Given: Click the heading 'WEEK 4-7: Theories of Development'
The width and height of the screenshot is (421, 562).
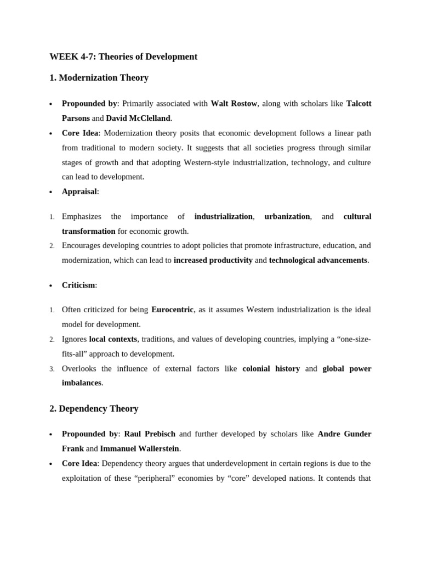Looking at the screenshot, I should [123, 57].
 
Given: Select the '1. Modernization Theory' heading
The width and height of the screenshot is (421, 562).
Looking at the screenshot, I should [99, 78].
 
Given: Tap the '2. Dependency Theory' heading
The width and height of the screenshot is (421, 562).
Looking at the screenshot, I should [94, 409].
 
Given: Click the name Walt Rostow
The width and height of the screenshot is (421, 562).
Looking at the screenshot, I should [234, 104].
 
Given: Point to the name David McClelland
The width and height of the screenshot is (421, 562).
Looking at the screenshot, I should [138, 118].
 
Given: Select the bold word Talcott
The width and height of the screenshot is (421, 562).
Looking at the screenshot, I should [359, 104].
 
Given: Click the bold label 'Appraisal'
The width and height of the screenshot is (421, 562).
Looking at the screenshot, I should [79, 192].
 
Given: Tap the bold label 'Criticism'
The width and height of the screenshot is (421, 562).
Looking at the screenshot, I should [78, 285].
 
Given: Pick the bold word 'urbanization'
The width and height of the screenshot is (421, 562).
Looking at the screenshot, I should [287, 217].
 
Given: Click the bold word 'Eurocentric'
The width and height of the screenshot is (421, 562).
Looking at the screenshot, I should [172, 310].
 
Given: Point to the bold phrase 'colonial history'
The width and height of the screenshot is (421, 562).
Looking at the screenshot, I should [271, 369].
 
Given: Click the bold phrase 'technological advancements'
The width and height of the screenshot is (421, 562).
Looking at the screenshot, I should [318, 260].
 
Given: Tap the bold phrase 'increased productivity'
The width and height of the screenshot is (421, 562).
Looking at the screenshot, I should [213, 260].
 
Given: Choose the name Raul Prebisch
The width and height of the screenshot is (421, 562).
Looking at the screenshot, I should [150, 434].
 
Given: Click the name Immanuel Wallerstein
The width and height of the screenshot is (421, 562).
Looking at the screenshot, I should [139, 448].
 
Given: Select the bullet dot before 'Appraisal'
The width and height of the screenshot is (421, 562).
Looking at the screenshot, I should [51, 193].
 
